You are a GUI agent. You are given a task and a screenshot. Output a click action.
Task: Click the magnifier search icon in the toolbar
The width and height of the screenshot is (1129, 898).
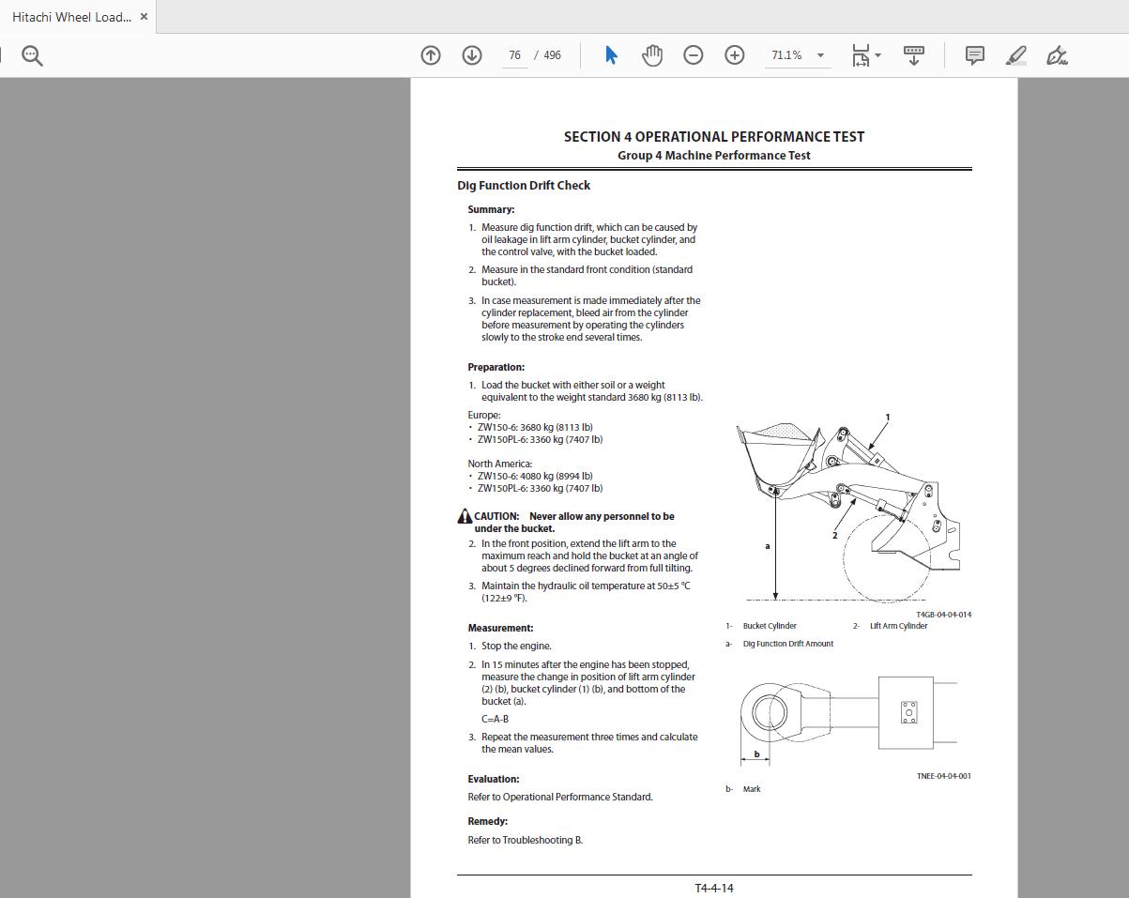tap(32, 56)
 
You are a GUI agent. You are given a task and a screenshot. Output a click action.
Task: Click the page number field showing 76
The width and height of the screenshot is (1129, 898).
tap(514, 55)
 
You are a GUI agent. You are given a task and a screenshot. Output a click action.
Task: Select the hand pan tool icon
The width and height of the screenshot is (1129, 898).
tap(651, 55)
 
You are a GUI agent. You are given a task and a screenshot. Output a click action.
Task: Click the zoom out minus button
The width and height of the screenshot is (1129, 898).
tap(693, 55)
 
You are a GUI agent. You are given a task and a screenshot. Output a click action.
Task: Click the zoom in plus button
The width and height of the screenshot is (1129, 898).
tap(734, 55)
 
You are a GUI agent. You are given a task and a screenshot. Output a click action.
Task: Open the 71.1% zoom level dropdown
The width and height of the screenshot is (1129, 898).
tap(819, 55)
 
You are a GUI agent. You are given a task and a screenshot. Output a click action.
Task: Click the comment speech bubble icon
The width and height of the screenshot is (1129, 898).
tap(974, 55)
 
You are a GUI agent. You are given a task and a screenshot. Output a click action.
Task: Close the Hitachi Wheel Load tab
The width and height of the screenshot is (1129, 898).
tap(144, 17)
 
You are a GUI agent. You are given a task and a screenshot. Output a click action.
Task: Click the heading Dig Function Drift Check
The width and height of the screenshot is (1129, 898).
tap(524, 186)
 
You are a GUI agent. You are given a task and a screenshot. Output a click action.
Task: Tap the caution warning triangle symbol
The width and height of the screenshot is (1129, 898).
tap(465, 516)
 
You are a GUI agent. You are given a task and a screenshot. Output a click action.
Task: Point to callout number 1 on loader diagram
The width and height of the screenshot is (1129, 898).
tap(887, 418)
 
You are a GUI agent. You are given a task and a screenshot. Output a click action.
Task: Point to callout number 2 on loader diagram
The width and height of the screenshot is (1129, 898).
tap(834, 536)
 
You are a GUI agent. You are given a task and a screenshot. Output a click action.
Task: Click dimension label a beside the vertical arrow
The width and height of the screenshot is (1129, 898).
tap(768, 546)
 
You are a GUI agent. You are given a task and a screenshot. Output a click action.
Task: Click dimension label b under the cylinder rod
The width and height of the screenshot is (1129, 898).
tap(756, 753)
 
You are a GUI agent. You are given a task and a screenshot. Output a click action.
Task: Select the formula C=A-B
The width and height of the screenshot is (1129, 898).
tap(495, 719)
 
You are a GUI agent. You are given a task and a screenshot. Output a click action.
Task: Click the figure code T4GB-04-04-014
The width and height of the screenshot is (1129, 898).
tap(943, 615)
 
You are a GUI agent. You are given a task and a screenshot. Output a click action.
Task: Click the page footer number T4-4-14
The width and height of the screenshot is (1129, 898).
tap(714, 888)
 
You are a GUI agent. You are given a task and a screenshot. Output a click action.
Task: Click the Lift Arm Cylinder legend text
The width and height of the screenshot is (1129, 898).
tap(898, 626)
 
